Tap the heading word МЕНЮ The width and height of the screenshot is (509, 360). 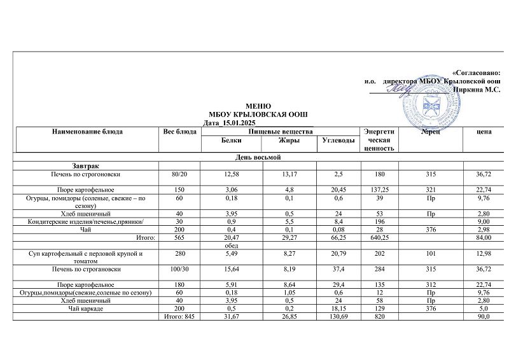click(258, 106)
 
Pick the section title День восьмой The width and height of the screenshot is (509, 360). click(258, 157)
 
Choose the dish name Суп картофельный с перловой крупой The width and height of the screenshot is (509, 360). click(85, 254)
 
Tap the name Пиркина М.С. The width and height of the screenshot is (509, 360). click(476, 90)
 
